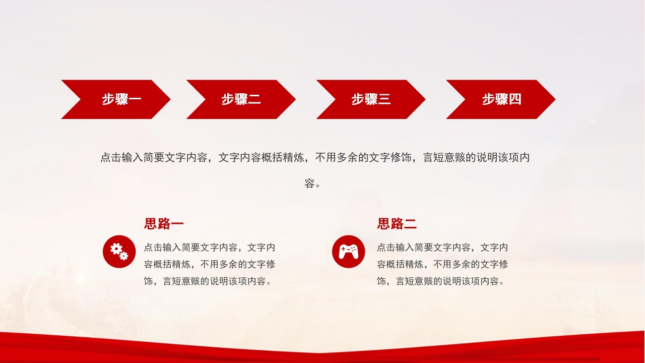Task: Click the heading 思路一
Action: (164, 223)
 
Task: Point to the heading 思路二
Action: (397, 223)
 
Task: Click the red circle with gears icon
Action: (119, 252)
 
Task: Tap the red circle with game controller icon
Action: (348, 252)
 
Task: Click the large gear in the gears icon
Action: (116, 249)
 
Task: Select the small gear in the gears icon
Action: (124, 256)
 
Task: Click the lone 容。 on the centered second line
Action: (312, 184)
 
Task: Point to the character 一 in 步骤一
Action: (135, 99)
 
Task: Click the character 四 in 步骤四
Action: (515, 99)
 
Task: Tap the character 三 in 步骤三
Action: (384, 99)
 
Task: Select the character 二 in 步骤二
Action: (254, 99)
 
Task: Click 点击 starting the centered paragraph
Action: (111, 158)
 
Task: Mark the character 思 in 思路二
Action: (383, 223)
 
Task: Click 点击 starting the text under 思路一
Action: (153, 248)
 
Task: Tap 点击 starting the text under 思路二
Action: (386, 248)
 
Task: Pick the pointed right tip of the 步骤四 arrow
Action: (555, 99)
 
